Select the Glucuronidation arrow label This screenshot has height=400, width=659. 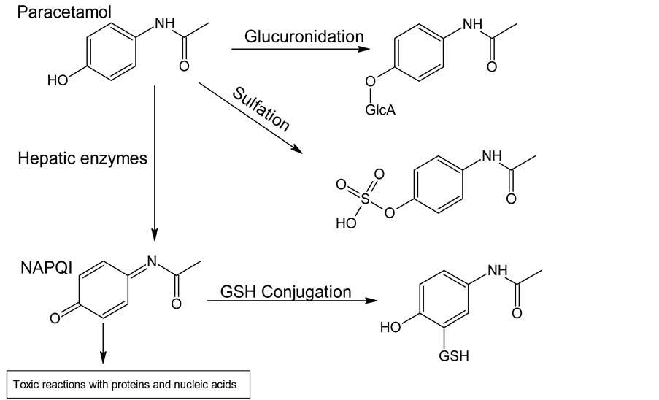(x=304, y=36)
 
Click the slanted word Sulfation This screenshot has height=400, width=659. (x=261, y=109)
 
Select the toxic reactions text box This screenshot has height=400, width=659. (x=127, y=383)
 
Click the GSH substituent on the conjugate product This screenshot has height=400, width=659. (x=454, y=357)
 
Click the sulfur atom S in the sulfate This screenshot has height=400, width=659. (x=365, y=198)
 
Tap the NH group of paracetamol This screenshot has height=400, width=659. (x=164, y=24)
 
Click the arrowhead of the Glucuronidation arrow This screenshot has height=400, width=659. (x=362, y=50)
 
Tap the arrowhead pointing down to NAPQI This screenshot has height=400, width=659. (x=155, y=234)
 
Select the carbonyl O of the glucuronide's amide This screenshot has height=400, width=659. (x=491, y=67)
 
